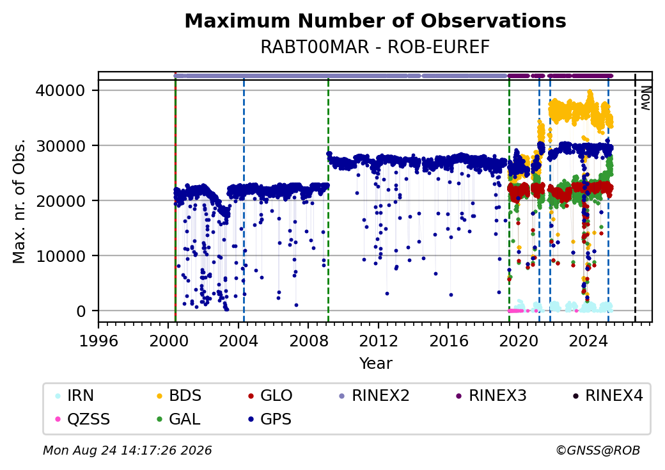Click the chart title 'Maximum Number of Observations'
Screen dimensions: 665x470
(375, 20)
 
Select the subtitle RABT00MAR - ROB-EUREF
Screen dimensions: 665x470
(375, 47)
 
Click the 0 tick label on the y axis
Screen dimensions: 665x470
(81, 311)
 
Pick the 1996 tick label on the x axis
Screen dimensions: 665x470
(98, 341)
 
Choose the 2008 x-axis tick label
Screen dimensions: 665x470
(308, 341)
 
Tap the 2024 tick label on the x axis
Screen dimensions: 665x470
(588, 341)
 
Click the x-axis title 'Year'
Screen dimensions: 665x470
(376, 364)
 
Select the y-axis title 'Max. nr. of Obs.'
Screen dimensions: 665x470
(19, 201)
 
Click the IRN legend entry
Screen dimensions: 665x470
(75, 396)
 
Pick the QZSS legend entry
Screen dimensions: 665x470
(82, 419)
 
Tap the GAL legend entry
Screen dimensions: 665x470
(178, 419)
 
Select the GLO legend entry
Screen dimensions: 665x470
(270, 396)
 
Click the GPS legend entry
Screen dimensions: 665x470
(269, 419)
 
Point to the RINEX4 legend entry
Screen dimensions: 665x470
(607, 396)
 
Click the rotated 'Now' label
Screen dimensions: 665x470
(645, 98)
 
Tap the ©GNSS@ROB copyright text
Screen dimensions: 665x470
(598, 450)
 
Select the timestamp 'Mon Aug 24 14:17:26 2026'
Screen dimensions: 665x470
(127, 450)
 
